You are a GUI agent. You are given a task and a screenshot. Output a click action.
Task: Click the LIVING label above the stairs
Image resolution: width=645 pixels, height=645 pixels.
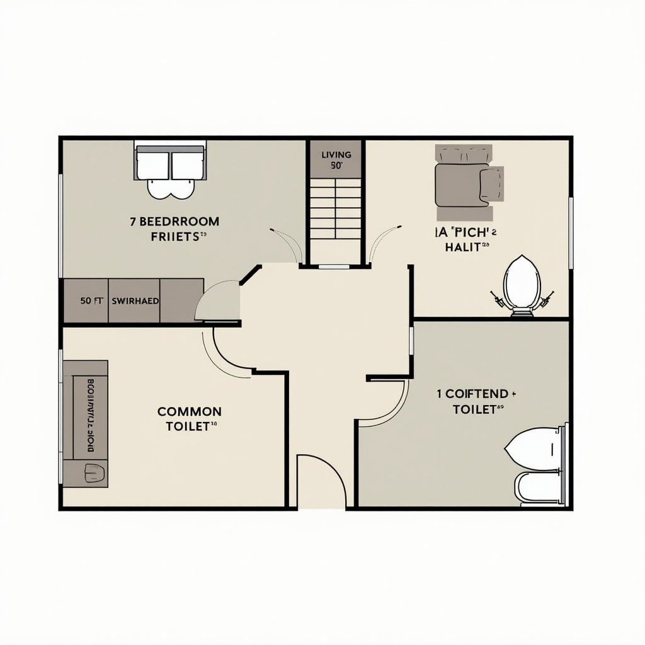(336, 154)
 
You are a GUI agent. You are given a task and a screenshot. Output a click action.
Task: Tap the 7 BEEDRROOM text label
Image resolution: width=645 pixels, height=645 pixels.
(174, 222)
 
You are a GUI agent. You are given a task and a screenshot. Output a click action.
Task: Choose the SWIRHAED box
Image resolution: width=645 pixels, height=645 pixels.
(135, 301)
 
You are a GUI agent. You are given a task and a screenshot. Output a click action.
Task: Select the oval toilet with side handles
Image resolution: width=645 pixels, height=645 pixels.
(522, 284)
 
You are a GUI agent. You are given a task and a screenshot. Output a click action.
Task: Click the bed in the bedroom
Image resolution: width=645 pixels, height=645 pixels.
(170, 167)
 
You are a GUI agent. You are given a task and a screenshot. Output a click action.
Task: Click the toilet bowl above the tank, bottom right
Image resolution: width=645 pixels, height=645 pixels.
(534, 448)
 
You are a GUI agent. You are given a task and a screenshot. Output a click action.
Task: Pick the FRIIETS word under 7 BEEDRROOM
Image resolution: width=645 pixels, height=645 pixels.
(176, 237)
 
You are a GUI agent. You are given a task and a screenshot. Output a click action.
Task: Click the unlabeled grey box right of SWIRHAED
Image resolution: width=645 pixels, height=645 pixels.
(181, 301)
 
